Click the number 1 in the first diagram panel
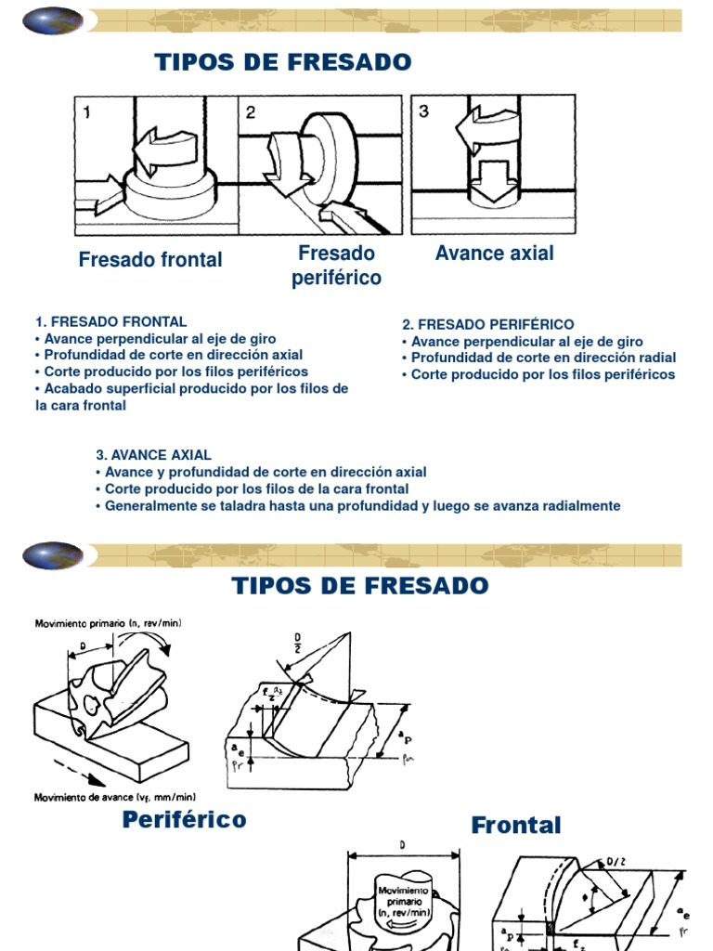pos(86,113)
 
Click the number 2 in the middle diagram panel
pos(251,113)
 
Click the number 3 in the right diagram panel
pos(423,111)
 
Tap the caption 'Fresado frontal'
pos(150,260)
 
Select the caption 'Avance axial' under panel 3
pos(494,254)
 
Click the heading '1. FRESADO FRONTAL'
pos(110,322)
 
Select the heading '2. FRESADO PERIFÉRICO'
pos(488,324)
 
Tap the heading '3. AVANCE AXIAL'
pos(153,455)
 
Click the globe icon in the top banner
pos(53,20)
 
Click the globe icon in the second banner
pos(53,556)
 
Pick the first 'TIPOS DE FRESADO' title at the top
pos(282,62)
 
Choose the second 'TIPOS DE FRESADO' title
pos(359,586)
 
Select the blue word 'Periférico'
pos(184,819)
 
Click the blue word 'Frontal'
pos(516,825)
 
